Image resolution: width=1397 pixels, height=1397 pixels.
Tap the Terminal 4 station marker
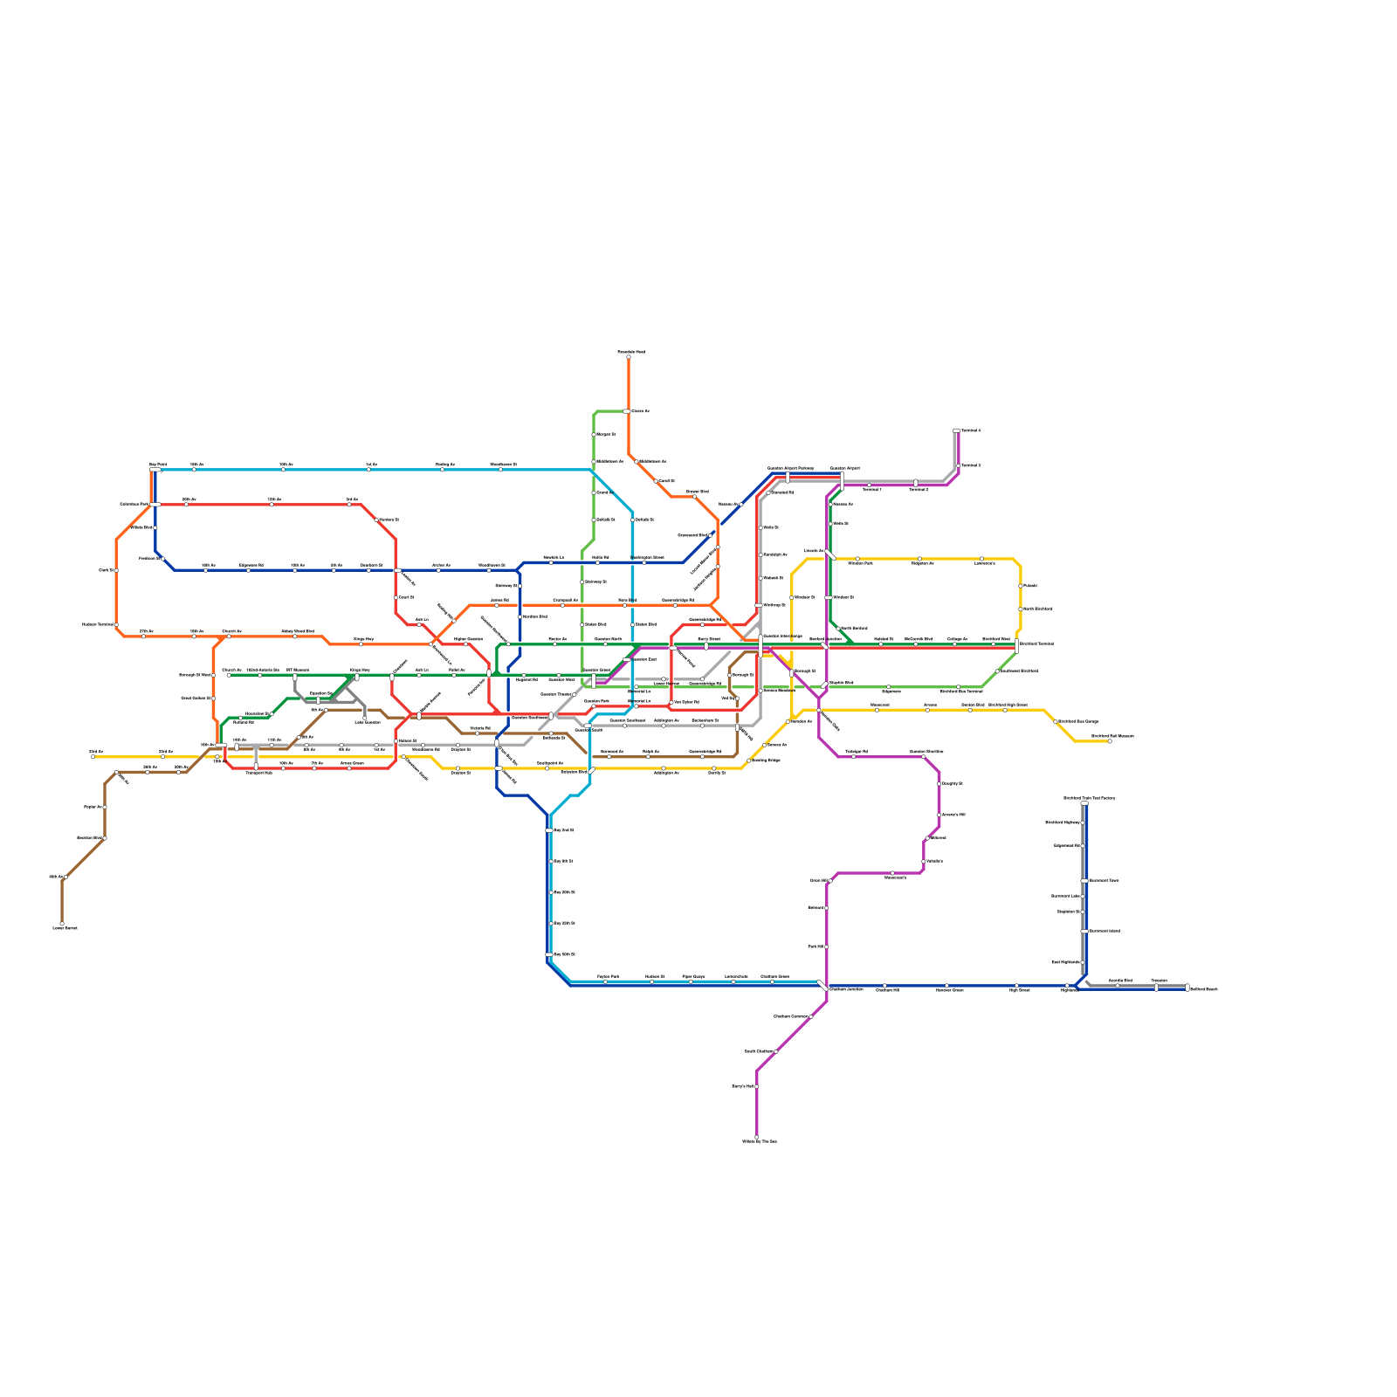pyautogui.click(x=956, y=430)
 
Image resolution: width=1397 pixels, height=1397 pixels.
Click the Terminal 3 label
pyautogui.click(x=970, y=465)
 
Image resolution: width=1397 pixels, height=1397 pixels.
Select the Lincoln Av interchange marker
pyautogui.click(x=829, y=554)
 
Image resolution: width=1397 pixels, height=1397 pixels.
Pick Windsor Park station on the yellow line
pyautogui.click(x=857, y=559)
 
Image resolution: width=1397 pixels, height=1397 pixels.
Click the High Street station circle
pyautogui.click(x=1016, y=986)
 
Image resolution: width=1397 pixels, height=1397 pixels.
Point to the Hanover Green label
pyautogui.click(x=949, y=990)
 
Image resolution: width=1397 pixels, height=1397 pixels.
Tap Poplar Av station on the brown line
pyautogui.click(x=105, y=808)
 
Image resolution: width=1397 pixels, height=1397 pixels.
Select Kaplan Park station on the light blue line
pyautogui.click(x=605, y=981)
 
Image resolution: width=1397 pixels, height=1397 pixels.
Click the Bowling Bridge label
pyautogui.click(x=766, y=760)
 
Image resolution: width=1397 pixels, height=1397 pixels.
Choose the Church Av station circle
pyautogui.click(x=229, y=675)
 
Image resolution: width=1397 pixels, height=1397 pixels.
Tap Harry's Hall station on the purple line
pyautogui.click(x=757, y=1086)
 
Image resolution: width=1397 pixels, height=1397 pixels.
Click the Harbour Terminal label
pyautogui.click(x=98, y=624)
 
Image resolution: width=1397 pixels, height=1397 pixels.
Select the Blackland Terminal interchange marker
pyautogui.click(x=1017, y=646)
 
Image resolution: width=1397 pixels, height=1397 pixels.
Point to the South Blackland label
pyautogui.click(x=1037, y=609)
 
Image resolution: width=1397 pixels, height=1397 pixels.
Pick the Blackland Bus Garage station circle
pyautogui.click(x=1055, y=722)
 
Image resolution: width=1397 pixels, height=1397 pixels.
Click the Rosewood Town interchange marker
pyautogui.click(x=1084, y=881)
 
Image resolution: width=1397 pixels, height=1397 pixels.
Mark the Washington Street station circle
pyautogui.click(x=644, y=562)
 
